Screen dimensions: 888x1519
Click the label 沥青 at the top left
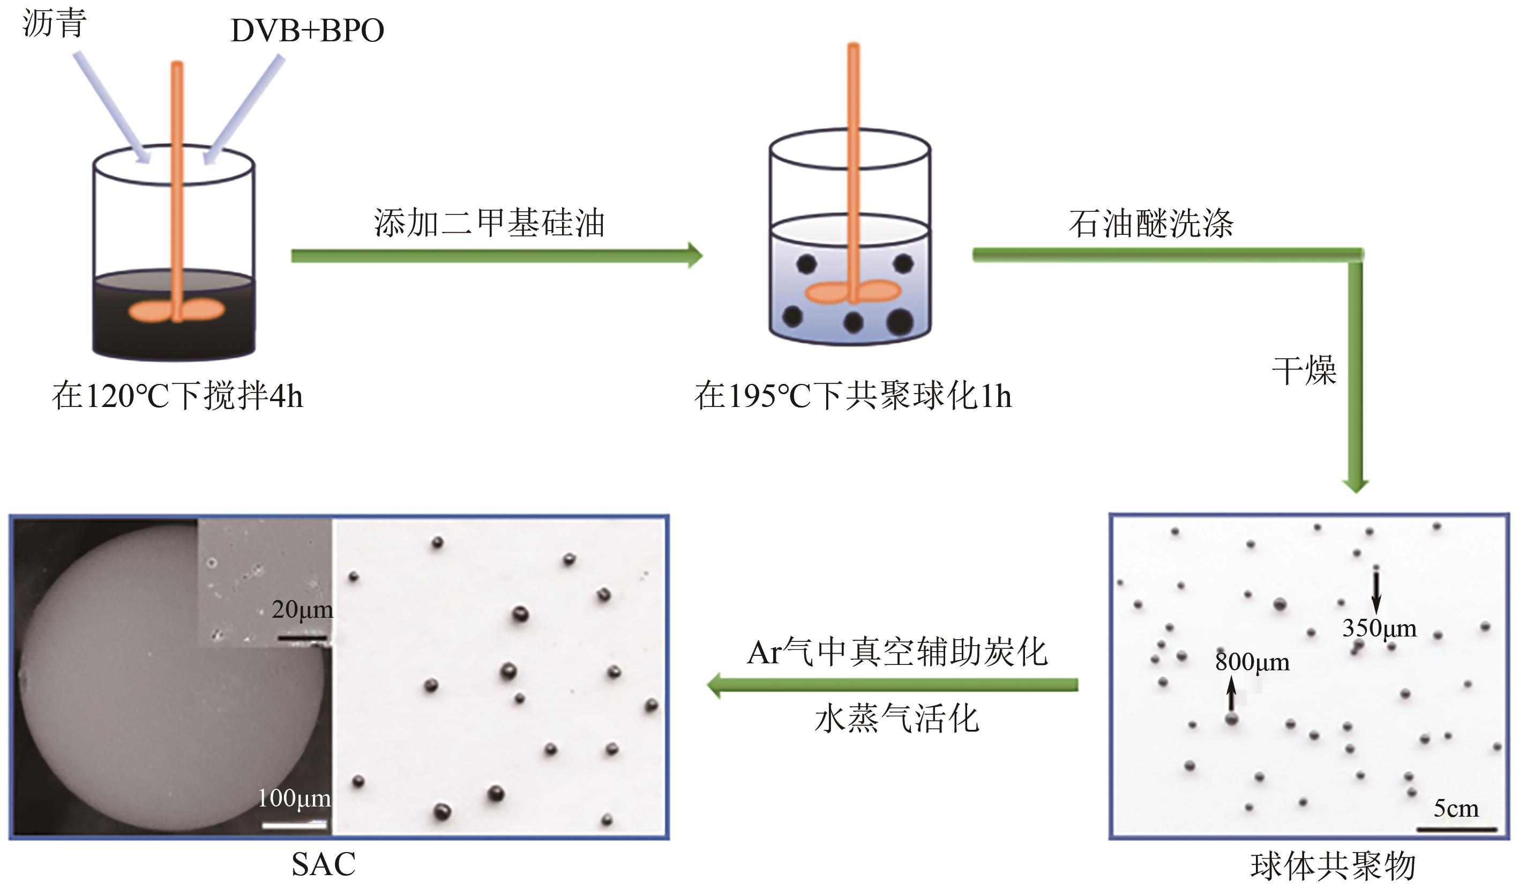click(54, 24)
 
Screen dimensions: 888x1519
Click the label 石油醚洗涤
click(1151, 224)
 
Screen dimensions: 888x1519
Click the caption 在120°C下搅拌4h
click(177, 396)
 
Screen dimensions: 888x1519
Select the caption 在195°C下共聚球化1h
click(853, 396)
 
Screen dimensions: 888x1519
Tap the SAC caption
click(324, 864)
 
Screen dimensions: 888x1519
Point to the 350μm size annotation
click(1379, 628)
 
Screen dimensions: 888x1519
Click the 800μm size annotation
click(1252, 662)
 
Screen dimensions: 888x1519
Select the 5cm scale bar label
click(1456, 809)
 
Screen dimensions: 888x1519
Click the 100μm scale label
click(294, 798)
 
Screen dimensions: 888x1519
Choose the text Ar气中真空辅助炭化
click(897, 652)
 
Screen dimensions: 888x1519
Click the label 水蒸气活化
click(897, 719)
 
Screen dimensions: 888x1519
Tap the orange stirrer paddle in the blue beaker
click(853, 292)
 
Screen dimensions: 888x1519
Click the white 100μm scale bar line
click(295, 824)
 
